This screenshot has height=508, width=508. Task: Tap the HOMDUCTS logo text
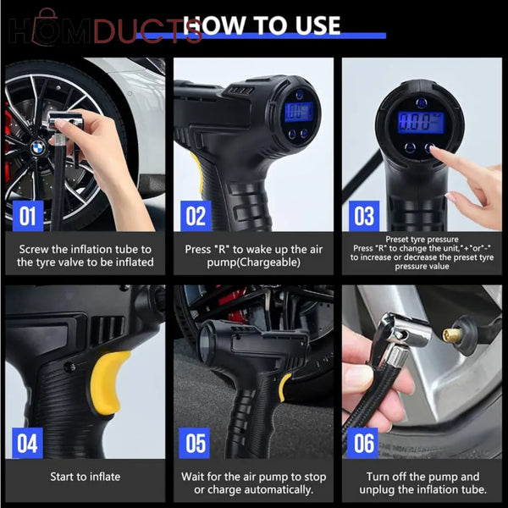pos(105,30)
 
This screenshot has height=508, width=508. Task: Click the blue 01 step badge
pos(28,216)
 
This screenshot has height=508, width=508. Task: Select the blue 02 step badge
pos(196,216)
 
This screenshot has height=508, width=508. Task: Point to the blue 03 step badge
pos(365,216)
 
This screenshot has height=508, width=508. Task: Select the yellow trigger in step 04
pos(109,382)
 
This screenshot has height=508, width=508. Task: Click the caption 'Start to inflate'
pos(85,477)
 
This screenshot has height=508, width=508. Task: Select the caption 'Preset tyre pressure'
pos(421,240)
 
